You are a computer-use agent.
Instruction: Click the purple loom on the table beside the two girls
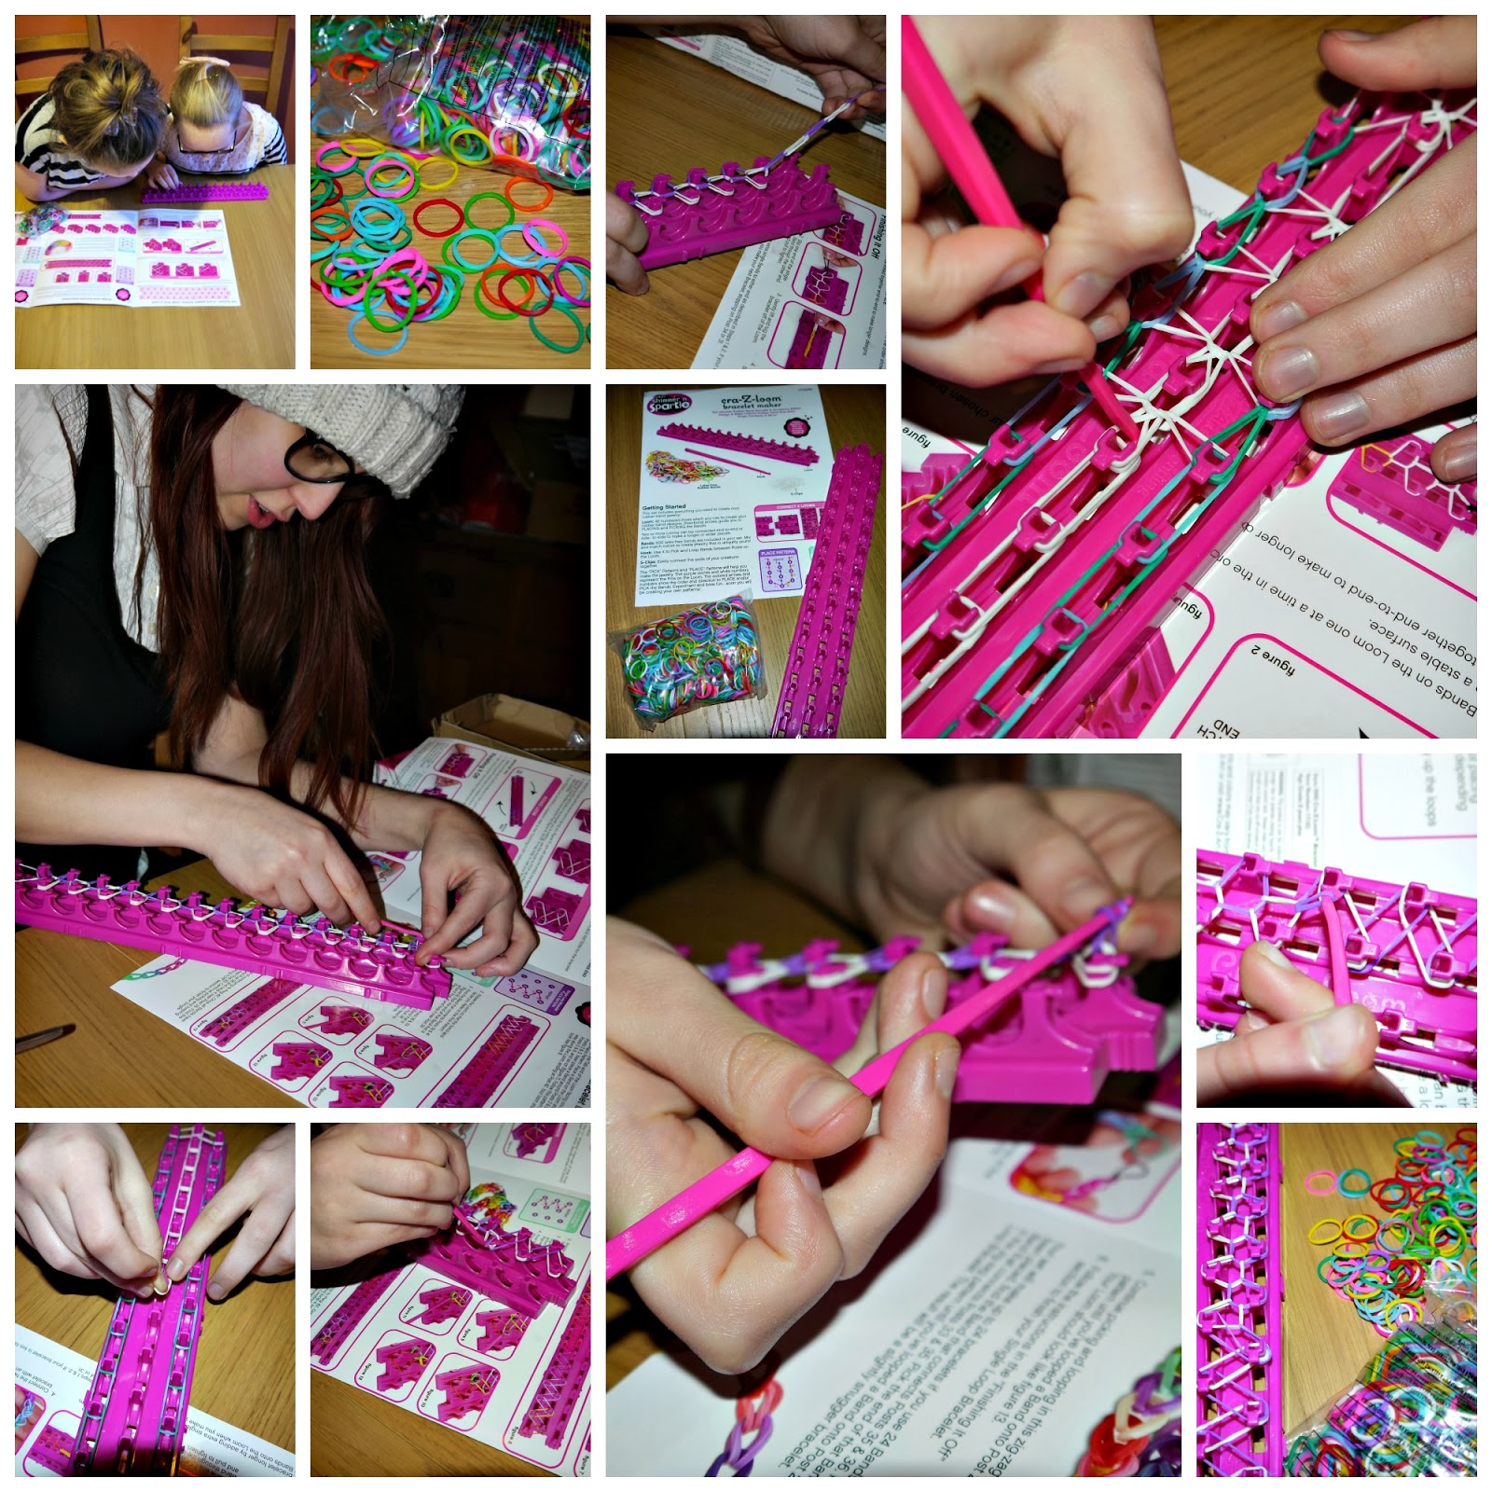pyautogui.click(x=205, y=195)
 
